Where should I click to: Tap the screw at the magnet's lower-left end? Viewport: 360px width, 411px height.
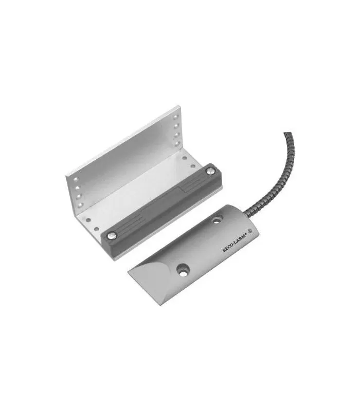pyautogui.click(x=112, y=235)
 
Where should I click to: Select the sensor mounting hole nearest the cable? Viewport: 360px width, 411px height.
pyautogui.click(x=217, y=219)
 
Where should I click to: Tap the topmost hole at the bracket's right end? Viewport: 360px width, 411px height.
pyautogui.click(x=175, y=117)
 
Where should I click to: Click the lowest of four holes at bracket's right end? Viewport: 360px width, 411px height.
pyautogui.click(x=176, y=143)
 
